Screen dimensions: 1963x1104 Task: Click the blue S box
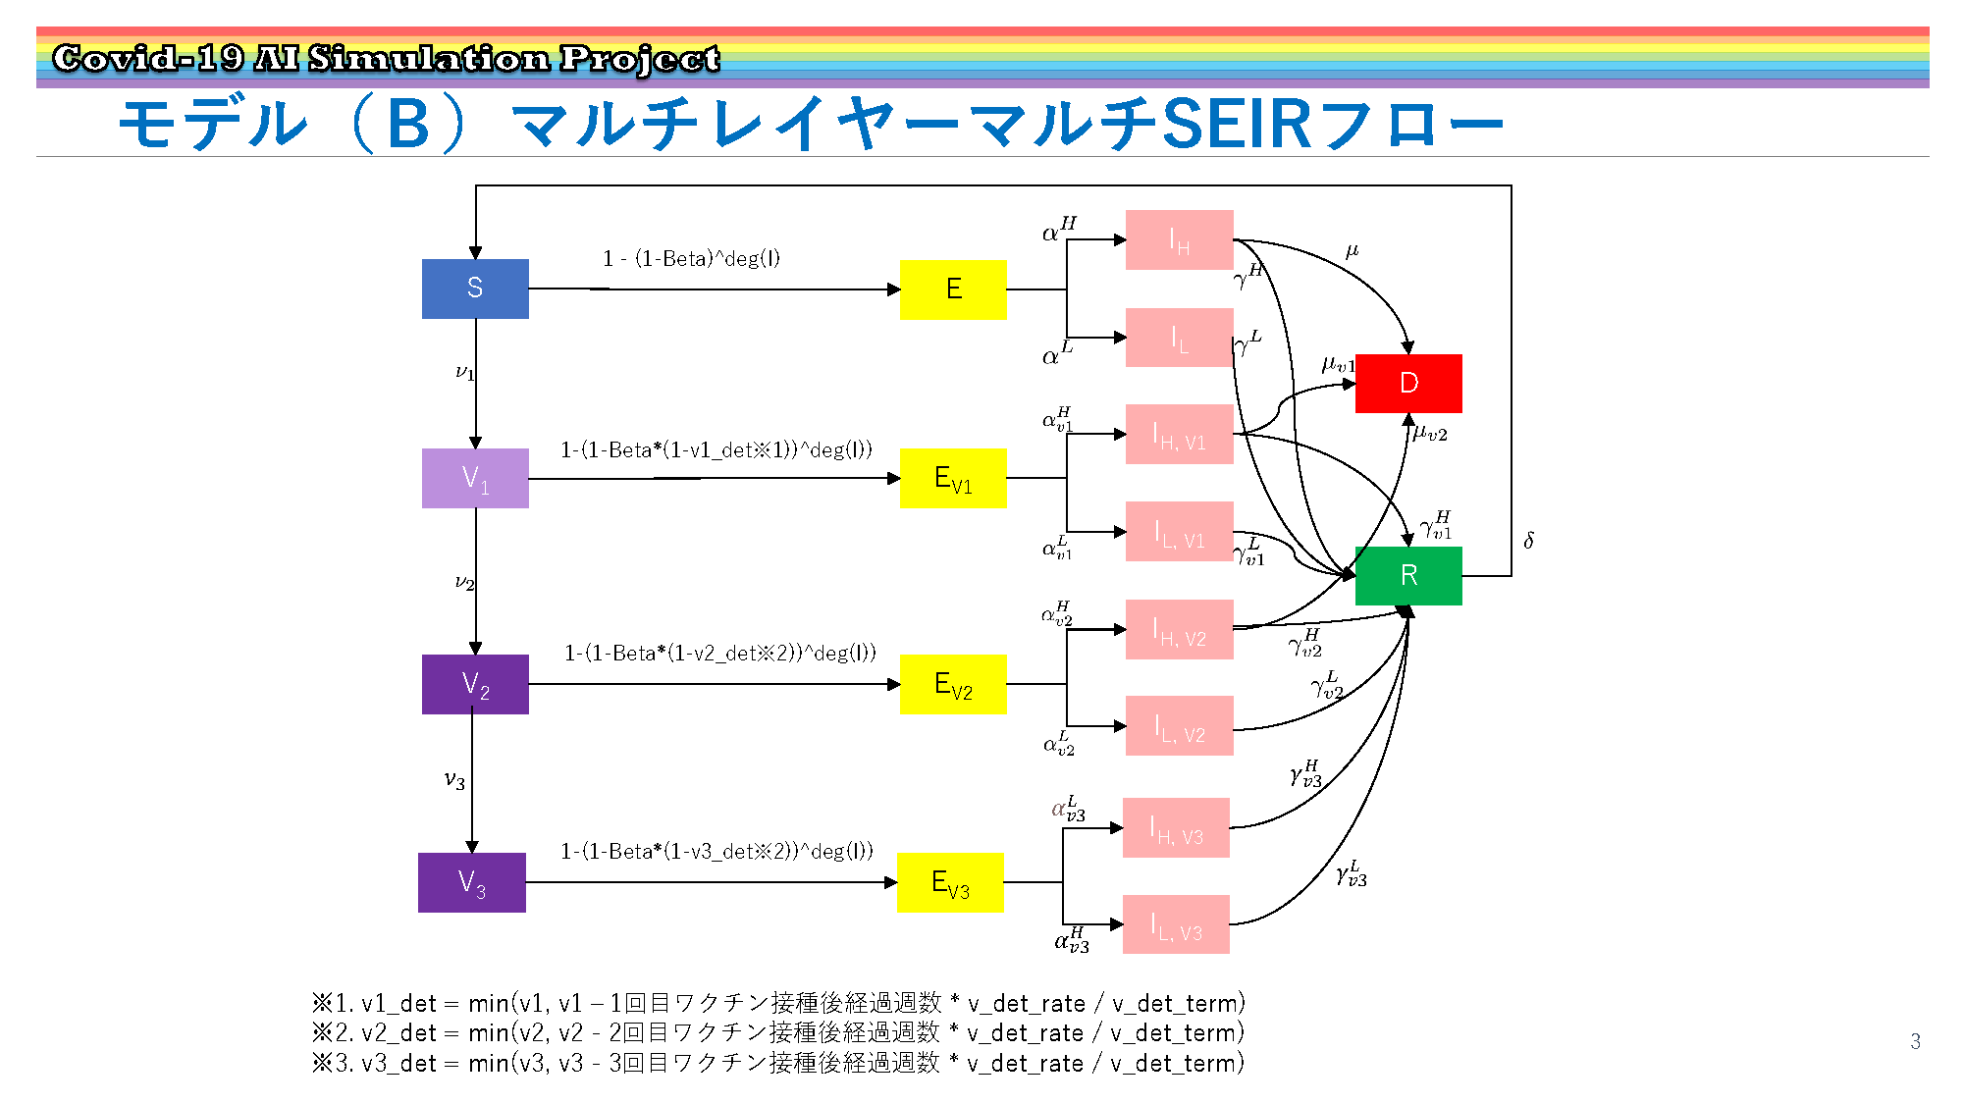[x=475, y=289]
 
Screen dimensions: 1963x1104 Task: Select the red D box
[x=1408, y=383]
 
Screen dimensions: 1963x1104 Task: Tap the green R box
[x=1408, y=575]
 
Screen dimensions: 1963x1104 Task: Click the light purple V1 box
[x=475, y=478]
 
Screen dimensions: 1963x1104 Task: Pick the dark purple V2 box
[x=475, y=684]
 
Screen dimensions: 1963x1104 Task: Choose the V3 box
[x=472, y=882]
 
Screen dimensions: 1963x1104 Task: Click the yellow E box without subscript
[x=953, y=289]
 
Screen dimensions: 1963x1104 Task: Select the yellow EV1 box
[x=953, y=478]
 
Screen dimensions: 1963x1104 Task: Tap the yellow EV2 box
[x=953, y=684]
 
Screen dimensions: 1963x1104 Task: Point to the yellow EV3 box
[x=950, y=882]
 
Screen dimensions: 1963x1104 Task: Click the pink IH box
[x=1180, y=239]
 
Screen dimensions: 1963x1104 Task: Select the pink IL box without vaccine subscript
[x=1180, y=338]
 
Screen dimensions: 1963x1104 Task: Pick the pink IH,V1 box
[x=1180, y=434]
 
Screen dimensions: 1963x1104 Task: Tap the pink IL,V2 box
[x=1180, y=725]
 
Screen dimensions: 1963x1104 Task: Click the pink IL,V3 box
[x=1176, y=924]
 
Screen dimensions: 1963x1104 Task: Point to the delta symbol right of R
[x=1529, y=540]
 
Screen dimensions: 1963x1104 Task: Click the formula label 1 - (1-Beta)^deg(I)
[x=691, y=258]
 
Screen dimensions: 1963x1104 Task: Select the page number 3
[x=1915, y=1041]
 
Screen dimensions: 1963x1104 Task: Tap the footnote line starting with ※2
[x=777, y=1032]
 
